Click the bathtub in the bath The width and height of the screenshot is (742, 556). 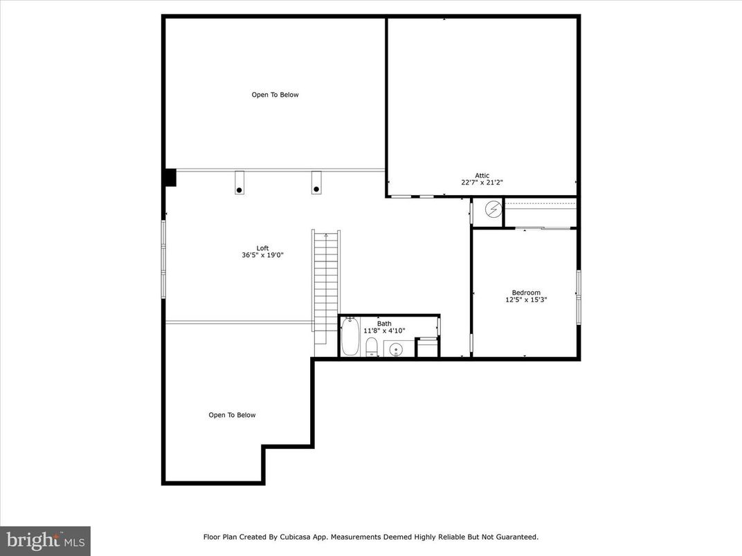tap(350, 337)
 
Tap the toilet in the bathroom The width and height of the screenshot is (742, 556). tap(372, 346)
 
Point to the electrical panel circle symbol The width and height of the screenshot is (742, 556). tap(493, 210)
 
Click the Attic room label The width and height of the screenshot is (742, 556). tap(482, 175)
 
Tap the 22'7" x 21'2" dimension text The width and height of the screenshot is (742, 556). tap(482, 183)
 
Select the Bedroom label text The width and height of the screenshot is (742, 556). tap(526, 293)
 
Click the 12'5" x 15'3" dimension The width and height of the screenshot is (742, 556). tap(526, 300)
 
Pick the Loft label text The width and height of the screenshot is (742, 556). tap(262, 248)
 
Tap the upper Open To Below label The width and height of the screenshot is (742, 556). tap(275, 95)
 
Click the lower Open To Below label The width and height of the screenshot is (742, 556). tap(232, 415)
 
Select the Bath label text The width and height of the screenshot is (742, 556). tap(384, 323)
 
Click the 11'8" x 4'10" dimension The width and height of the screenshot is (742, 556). tap(384, 331)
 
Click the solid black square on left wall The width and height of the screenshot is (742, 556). tap(170, 178)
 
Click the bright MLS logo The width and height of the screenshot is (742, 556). tap(45, 539)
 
